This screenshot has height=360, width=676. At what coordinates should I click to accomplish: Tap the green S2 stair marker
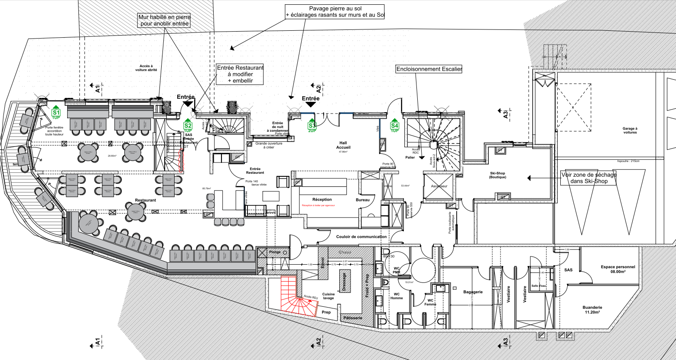pos(188,127)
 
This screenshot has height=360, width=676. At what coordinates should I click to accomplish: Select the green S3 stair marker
pos(312,126)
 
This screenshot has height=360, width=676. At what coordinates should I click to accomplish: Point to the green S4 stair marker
pos(394,126)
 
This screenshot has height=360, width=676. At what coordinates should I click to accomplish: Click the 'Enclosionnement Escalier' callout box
pos(429,69)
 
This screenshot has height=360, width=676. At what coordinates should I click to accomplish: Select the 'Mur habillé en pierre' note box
pos(164,20)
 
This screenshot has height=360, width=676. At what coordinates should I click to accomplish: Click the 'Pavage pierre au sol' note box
pos(335,12)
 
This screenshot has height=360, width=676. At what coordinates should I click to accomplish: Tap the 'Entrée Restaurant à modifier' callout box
pos(240,74)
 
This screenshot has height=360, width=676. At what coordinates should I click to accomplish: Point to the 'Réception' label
pos(322,199)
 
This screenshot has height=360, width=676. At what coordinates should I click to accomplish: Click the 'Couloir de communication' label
pos(361,237)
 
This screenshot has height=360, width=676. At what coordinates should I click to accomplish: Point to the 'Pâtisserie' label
pos(353,318)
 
